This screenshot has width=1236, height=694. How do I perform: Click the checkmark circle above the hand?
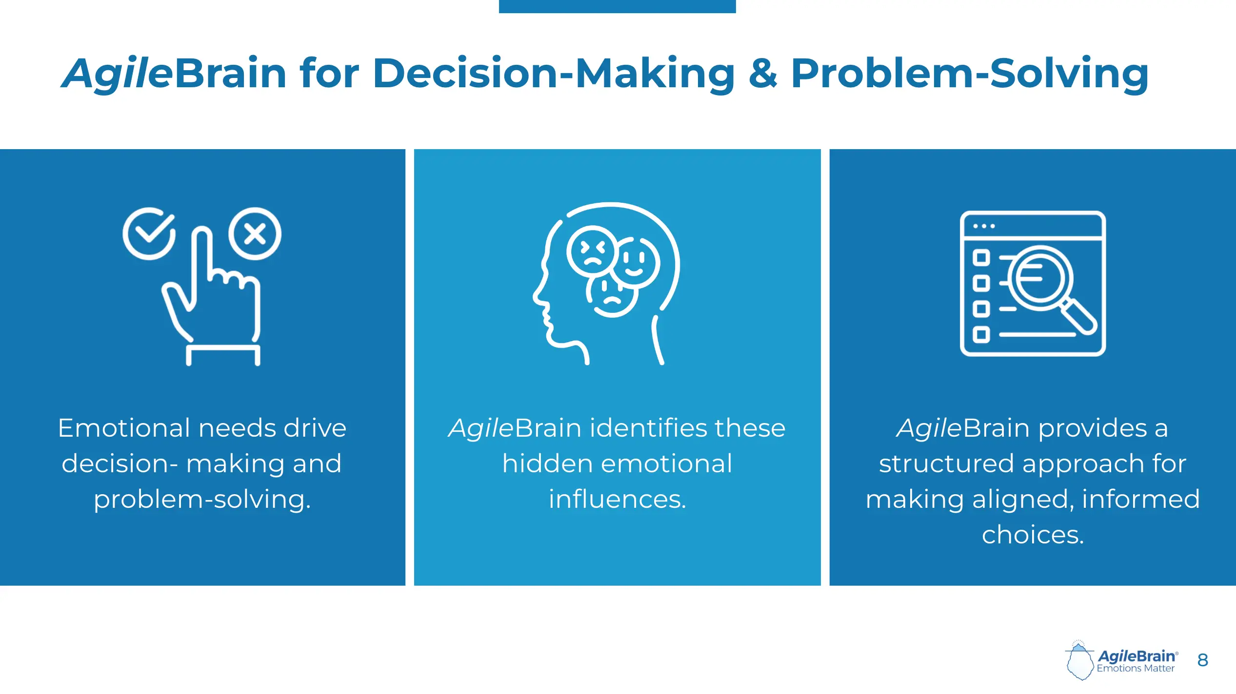pos(149,234)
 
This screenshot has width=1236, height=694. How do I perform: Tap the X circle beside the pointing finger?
pos(255,234)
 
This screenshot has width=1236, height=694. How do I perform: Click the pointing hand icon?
pos(215,302)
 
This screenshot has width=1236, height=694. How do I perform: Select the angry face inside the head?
pos(592,251)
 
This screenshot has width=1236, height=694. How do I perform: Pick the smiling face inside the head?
pos(635,262)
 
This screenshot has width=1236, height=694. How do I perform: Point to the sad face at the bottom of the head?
pos(612,295)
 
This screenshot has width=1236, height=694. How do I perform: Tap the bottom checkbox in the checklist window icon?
pos(981,335)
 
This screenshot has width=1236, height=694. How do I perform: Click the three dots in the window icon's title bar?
pos(983,226)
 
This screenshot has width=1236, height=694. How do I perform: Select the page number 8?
pos(1202,660)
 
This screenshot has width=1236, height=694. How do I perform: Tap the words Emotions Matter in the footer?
pos(1136,669)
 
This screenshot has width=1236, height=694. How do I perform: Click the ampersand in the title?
pos(762,74)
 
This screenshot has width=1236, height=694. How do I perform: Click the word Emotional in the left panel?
pos(124,428)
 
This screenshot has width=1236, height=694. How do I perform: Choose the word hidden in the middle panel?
pos(547,463)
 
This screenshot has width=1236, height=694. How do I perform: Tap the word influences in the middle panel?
pos(617,499)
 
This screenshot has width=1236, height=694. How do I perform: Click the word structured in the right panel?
pos(946,463)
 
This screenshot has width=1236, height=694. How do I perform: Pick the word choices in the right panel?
pos(1033,535)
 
